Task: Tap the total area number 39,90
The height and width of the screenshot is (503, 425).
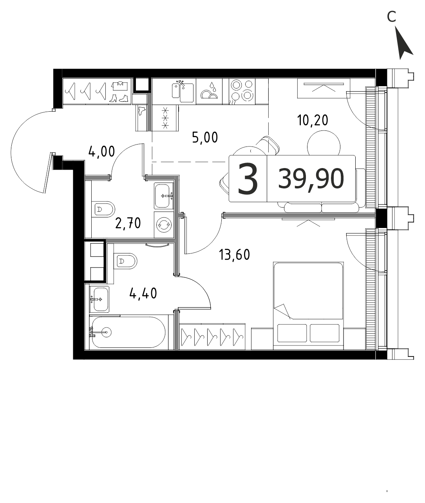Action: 311,179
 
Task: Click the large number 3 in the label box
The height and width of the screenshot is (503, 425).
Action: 248,178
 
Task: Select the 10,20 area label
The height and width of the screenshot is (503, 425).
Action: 313,120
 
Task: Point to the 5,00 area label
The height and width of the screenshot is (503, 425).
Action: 205,138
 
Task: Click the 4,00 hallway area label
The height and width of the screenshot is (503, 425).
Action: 101,152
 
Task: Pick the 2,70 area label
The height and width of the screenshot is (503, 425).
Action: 128,223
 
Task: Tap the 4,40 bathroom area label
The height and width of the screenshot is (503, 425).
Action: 143,293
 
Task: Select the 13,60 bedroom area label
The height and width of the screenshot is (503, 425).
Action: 234,255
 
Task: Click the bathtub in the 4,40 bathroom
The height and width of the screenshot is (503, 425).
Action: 128,333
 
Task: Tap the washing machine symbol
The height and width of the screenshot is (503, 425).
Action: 164,225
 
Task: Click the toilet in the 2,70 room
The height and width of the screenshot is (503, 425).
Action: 103,209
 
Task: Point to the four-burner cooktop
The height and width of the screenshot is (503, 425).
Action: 242,92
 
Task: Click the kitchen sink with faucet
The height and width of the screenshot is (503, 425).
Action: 183,91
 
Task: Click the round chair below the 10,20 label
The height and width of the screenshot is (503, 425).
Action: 324,143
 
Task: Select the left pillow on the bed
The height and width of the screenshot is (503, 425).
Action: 292,333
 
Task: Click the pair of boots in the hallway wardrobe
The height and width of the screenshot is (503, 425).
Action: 120,98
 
